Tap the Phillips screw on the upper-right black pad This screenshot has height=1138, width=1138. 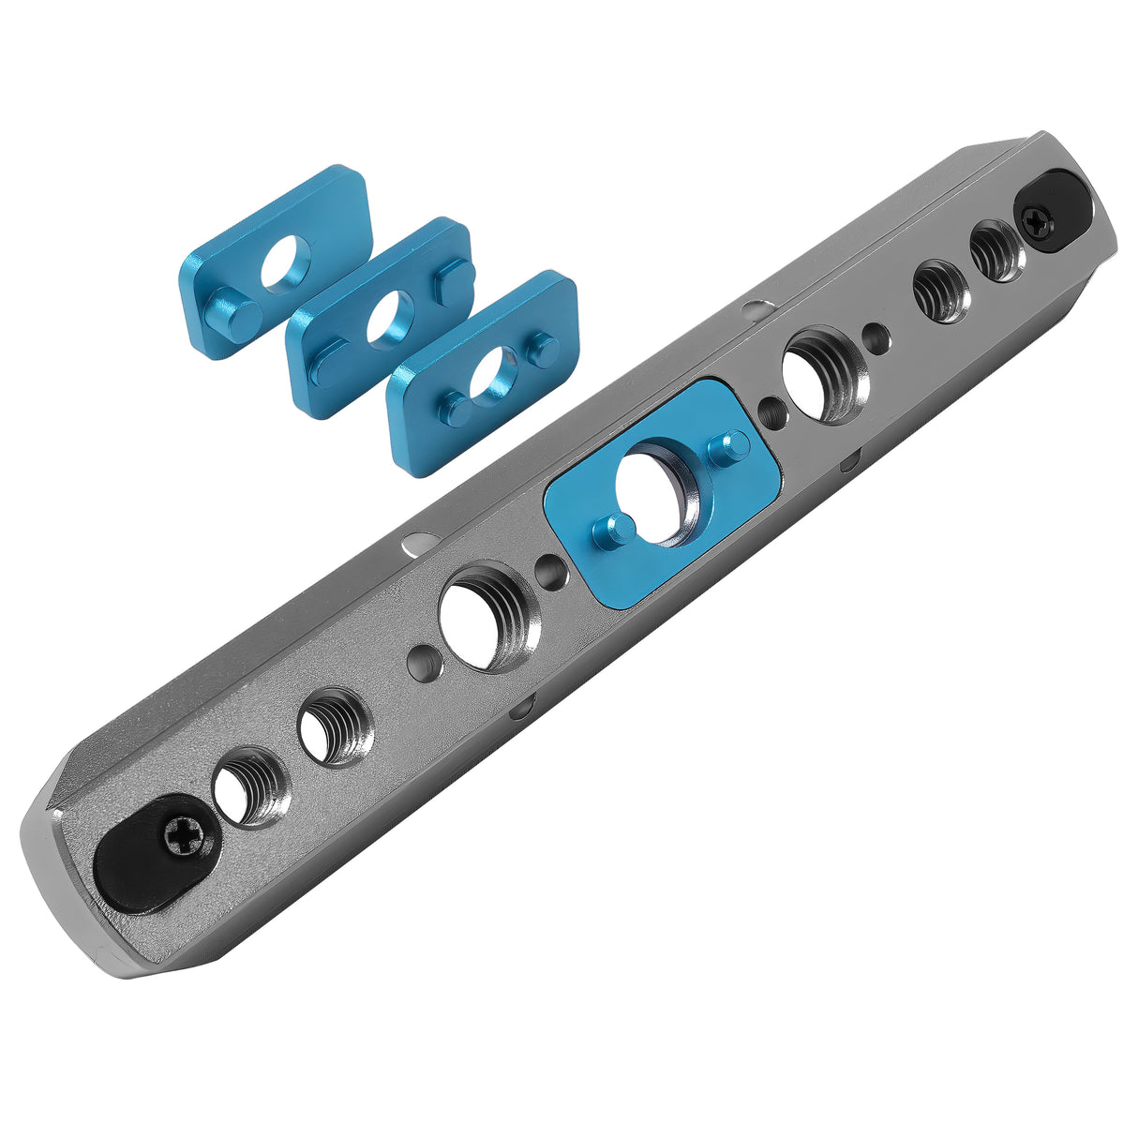coord(1038,221)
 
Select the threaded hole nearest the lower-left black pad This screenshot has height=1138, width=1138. coord(248,786)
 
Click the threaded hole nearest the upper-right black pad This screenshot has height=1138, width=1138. coord(993,249)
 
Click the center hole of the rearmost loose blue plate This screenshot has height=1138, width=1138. coord(285,262)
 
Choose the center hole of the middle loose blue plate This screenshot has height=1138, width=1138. coord(390,320)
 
